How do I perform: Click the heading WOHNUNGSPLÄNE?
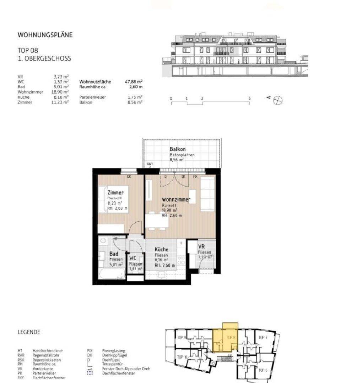pos(45,35)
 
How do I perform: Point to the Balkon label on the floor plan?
pos(177,149)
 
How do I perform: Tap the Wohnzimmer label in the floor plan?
pos(176,200)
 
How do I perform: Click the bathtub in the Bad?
pos(112,274)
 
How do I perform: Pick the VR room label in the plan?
pos(201,246)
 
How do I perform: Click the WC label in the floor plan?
pos(133,258)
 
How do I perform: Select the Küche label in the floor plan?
pos(162,249)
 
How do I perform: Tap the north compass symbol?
pos(277,100)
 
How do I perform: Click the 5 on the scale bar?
pos(250,98)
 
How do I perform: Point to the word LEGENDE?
pos(29,332)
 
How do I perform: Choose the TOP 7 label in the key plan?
pos(263,337)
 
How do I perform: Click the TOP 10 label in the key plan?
pos(182,357)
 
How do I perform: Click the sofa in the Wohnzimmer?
pos(208,194)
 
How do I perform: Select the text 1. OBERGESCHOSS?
pos(44,59)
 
